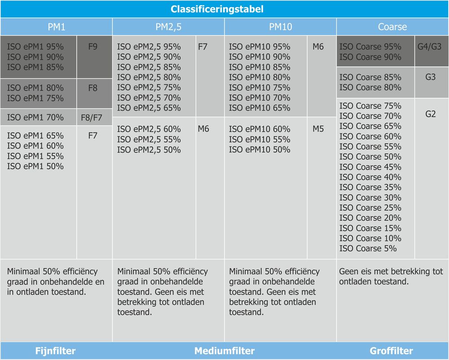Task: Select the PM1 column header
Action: pos(57,27)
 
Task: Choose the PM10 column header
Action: pos(281,27)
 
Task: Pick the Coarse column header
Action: pos(392,27)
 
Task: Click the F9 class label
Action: pos(93,47)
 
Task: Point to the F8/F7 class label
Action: pos(92,119)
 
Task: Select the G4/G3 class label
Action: pos(429,47)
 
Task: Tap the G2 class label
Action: pos(430,114)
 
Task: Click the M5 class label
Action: pos(318,129)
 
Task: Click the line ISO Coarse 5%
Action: pos(368,249)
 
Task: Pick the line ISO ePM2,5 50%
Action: pos(149,150)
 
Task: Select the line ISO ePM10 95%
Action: pos(260,47)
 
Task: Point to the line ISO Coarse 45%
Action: pos(370,167)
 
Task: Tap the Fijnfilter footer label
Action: pos(56,351)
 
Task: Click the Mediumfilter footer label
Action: pos(224,351)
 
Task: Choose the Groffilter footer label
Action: pos(392,351)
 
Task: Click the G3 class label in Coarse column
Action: pos(430,77)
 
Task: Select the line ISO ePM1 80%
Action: pos(35,88)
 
